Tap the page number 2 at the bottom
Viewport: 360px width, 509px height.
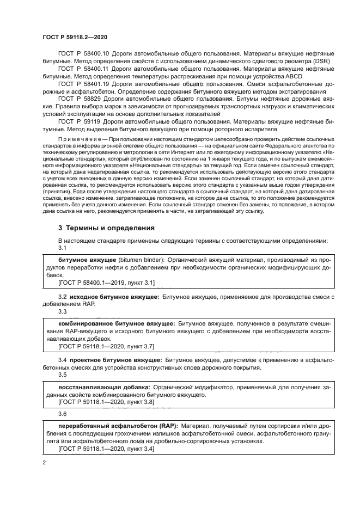click(x=44, y=462)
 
